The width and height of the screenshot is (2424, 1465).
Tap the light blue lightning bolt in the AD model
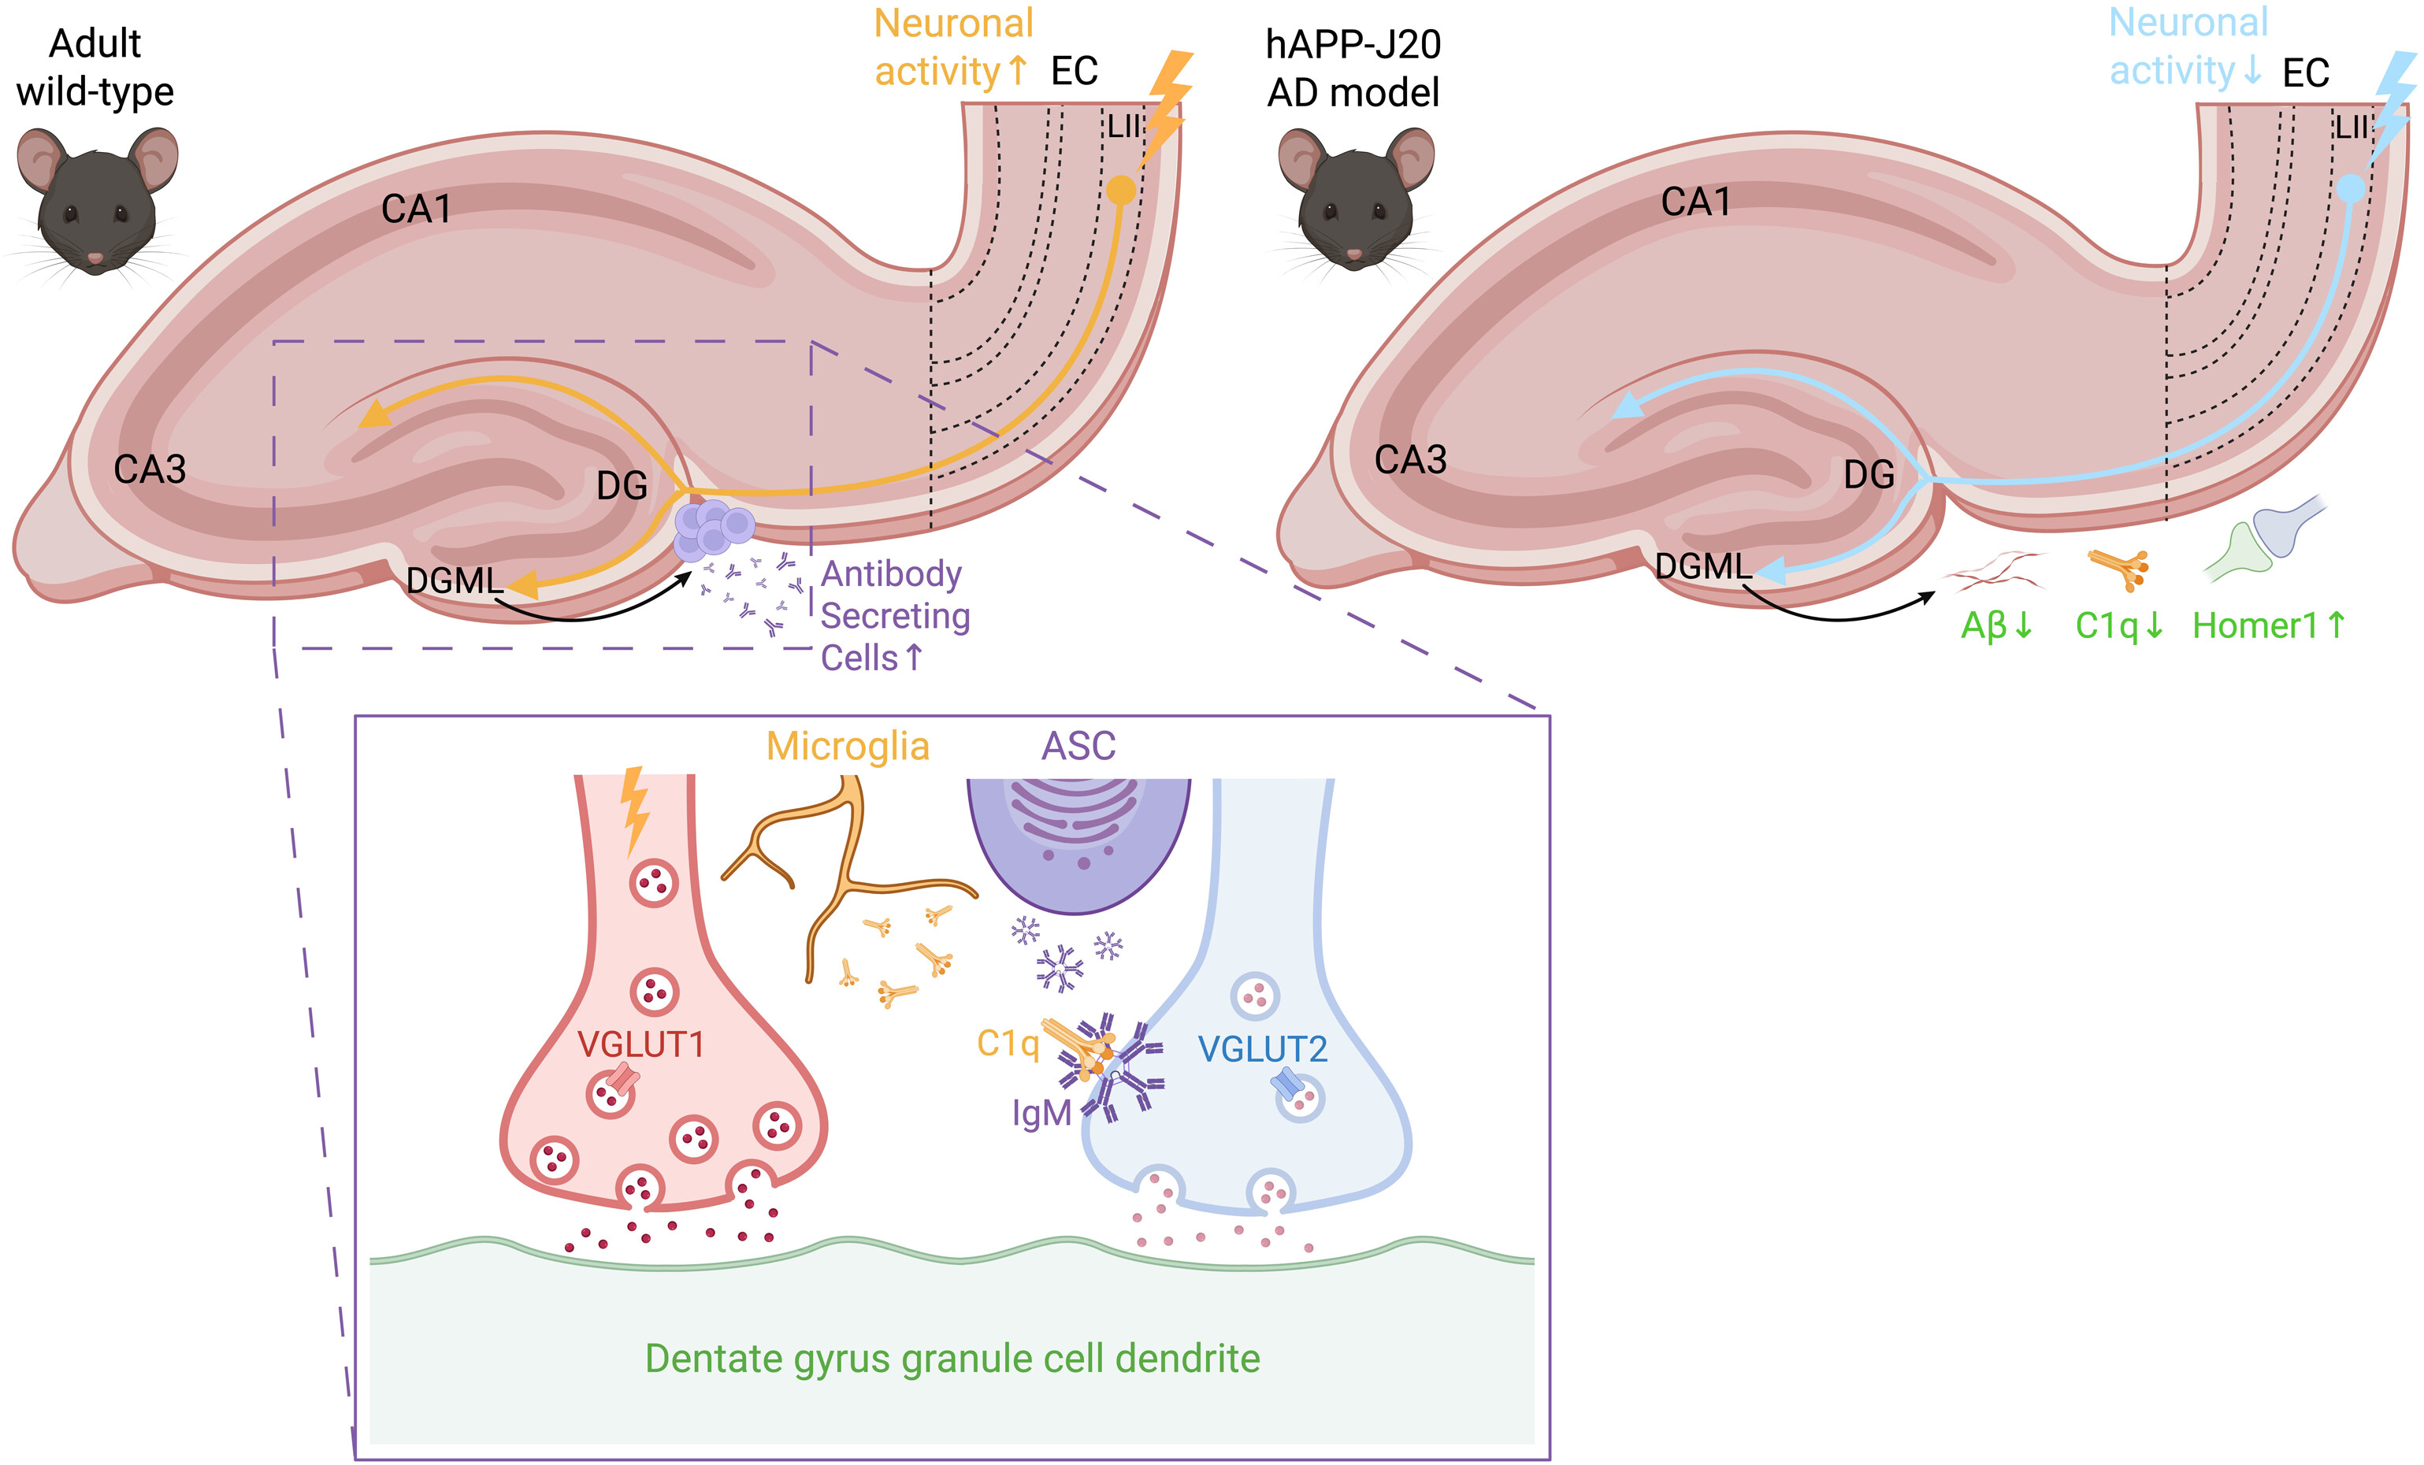tap(2393, 106)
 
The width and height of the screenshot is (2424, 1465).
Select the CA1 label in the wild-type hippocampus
tap(416, 209)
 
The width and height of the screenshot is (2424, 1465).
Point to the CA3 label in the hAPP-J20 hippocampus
tap(1410, 459)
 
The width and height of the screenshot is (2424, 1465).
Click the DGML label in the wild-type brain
tap(455, 580)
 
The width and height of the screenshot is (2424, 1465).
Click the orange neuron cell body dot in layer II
tap(1120, 190)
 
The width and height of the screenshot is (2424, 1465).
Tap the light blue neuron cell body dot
tap(2350, 188)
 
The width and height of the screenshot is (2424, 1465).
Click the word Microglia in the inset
tap(848, 746)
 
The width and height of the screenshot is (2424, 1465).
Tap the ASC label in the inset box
tap(1078, 746)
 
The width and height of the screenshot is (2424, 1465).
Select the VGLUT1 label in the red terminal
tap(641, 1044)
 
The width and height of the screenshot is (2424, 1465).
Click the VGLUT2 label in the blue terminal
tap(1262, 1049)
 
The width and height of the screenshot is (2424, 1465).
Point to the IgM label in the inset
tap(1041, 1113)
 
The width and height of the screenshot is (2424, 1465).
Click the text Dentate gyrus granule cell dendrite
tap(952, 1359)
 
